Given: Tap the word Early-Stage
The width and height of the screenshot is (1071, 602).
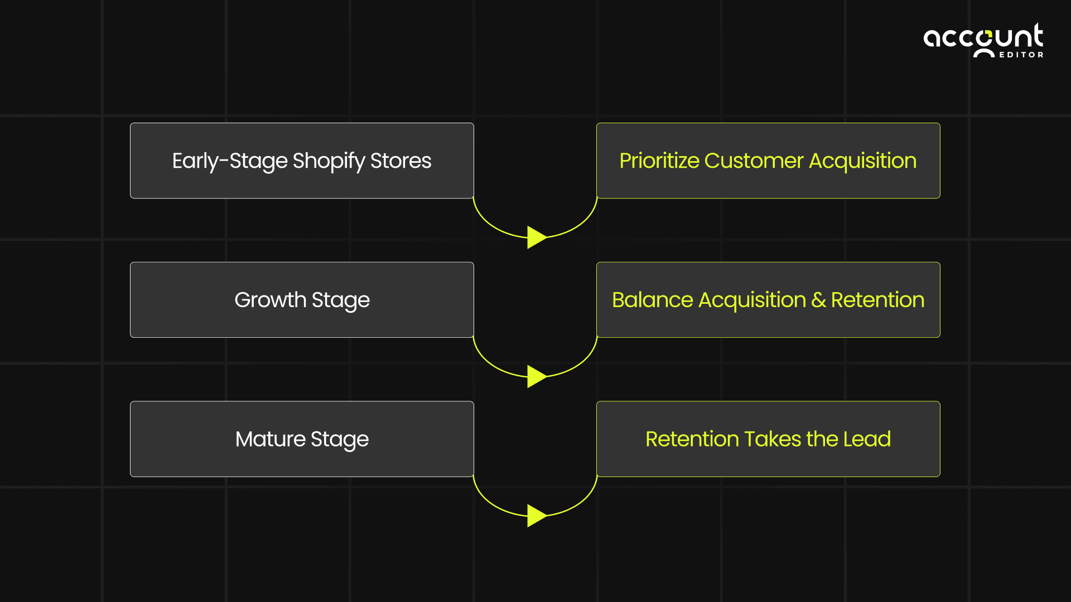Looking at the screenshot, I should pyautogui.click(x=229, y=161).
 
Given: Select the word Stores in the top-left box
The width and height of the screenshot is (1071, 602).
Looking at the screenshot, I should pyautogui.click(x=401, y=161).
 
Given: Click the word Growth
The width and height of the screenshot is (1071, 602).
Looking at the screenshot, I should pyautogui.click(x=270, y=300).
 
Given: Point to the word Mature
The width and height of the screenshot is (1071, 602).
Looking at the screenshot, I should pyautogui.click(x=270, y=439).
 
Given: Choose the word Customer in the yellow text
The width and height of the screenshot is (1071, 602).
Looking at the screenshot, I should pyautogui.click(x=754, y=161).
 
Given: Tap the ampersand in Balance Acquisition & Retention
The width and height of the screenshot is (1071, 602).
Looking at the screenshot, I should pyautogui.click(x=818, y=300).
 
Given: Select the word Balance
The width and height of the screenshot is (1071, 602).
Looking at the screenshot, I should pyautogui.click(x=652, y=300).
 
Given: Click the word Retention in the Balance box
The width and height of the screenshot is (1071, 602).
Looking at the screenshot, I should pyautogui.click(x=877, y=300).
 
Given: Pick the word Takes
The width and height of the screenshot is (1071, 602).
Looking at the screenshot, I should pyautogui.click(x=773, y=439).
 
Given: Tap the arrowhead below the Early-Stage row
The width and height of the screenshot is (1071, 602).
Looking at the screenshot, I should pyautogui.click(x=536, y=237).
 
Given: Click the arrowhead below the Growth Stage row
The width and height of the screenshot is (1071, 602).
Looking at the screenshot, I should pyautogui.click(x=536, y=377).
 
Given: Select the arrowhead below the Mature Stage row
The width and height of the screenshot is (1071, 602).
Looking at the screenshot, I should pyautogui.click(x=536, y=516).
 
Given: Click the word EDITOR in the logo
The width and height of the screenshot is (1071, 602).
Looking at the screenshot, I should pyautogui.click(x=1021, y=55).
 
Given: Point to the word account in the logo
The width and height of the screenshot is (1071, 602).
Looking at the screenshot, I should pyautogui.click(x=983, y=37).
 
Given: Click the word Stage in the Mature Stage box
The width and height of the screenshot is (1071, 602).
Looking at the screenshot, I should pyautogui.click(x=339, y=440).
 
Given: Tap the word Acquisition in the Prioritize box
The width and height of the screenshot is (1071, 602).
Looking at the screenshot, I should pyautogui.click(x=862, y=161).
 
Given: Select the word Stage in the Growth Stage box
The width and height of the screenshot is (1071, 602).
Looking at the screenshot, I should pyautogui.click(x=340, y=300).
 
